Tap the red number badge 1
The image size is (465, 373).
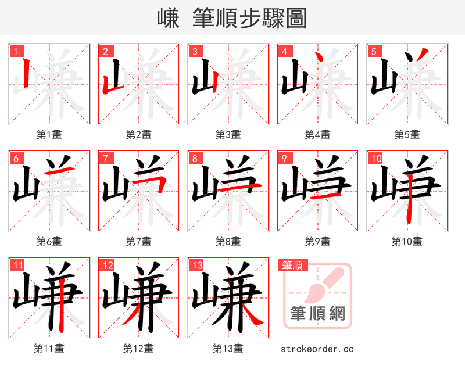(x=15, y=51)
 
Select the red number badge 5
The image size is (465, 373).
(x=373, y=51)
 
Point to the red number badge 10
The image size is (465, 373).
(x=375, y=158)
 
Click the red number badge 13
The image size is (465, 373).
(x=196, y=266)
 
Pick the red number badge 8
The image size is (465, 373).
(x=194, y=158)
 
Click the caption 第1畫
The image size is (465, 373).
(x=49, y=135)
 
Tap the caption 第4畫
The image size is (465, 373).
(x=318, y=135)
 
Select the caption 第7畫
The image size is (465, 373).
(x=139, y=241)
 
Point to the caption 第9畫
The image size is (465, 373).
(x=318, y=241)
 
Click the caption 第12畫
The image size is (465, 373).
(x=139, y=349)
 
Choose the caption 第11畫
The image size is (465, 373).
(x=49, y=349)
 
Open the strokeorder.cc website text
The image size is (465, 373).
(x=317, y=349)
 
